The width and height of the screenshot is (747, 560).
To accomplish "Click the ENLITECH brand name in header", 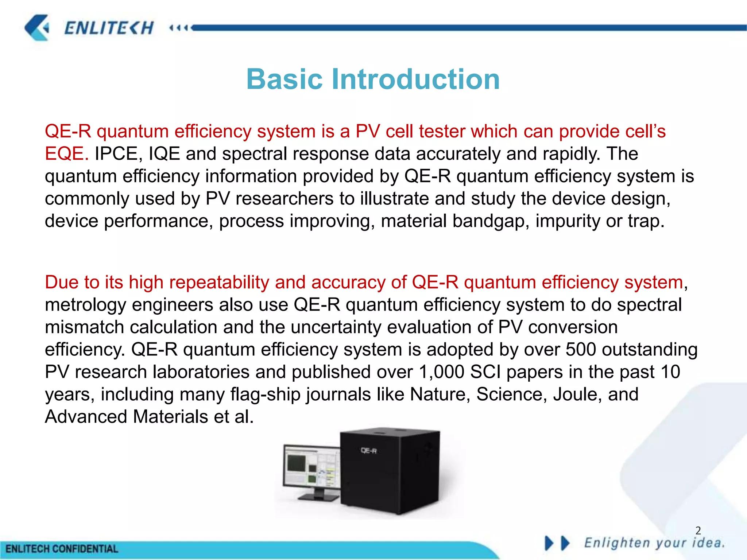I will tap(109, 28).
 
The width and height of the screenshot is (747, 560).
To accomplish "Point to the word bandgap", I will tap(491, 221).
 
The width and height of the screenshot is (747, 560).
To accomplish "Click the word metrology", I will tap(85, 305).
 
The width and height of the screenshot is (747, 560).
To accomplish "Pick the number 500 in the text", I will tap(581, 349).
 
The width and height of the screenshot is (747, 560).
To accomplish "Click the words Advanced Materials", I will tap(126, 417).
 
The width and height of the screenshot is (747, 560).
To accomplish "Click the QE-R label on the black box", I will tap(368, 451).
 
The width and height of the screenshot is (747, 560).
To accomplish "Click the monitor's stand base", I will tap(318, 497).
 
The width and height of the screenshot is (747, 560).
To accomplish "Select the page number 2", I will tap(698, 530).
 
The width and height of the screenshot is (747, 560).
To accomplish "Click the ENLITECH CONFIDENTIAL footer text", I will tap(62, 549).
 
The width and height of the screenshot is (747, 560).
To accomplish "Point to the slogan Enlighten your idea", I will tap(654, 543).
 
